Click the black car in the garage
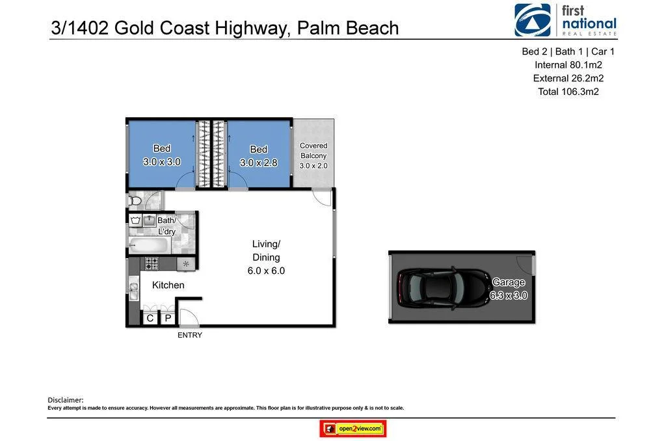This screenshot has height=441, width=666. click(442, 287)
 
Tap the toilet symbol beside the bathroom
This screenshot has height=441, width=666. click(135, 200)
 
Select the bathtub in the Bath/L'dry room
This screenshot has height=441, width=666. click(149, 245)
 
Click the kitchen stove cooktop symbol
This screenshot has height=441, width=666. click(151, 263)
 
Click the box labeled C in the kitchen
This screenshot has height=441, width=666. click(150, 318)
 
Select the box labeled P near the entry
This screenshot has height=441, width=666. click(167, 318)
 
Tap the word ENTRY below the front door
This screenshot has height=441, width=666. click(190, 336)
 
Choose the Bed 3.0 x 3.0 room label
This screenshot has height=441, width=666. click(162, 155)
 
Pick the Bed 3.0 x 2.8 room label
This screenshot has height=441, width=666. click(259, 156)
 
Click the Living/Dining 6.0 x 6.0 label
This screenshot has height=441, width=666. click(266, 257)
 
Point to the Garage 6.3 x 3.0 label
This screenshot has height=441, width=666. click(509, 289)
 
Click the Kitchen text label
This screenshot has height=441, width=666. click(168, 285)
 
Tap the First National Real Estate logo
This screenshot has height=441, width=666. click(565, 20)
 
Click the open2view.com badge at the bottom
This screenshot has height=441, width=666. click(353, 429)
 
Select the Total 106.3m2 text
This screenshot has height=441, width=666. click(568, 92)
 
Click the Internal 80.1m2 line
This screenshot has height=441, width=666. click(568, 65)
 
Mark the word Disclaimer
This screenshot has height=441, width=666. click(66, 400)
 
